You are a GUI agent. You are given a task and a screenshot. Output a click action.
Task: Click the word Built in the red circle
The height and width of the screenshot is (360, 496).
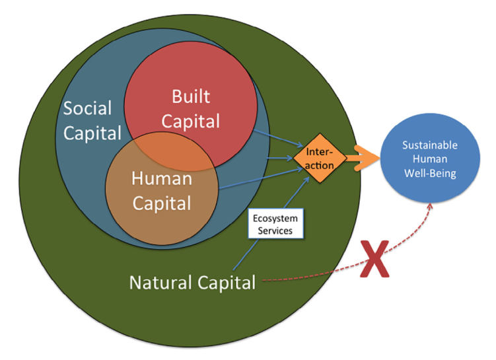pos(190,97)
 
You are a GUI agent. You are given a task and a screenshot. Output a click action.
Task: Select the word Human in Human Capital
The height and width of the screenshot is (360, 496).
pos(162,178)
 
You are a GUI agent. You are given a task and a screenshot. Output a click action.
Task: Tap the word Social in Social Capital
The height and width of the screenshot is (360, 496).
pos(88,108)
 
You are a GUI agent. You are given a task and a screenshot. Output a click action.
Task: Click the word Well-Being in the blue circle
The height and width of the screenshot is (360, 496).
pos(430,174)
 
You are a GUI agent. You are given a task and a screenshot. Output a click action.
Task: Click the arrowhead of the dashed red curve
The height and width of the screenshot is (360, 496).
pos(432,204)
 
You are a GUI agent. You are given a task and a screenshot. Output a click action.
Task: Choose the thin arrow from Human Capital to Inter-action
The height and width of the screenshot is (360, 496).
pos(258,180)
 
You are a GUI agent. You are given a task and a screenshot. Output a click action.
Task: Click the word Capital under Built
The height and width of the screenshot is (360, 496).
pos(191,122)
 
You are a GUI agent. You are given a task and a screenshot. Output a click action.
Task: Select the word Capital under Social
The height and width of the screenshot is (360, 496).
pos(92,133)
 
